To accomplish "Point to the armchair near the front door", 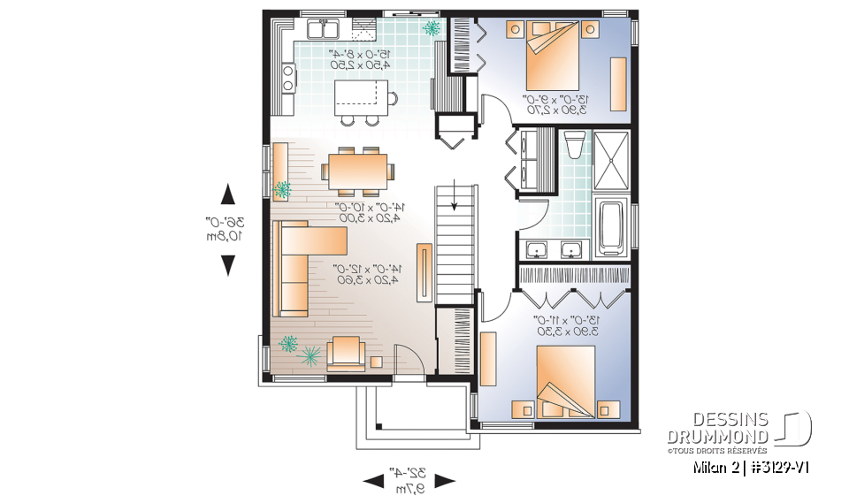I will [x=344, y=354].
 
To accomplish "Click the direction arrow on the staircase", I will [x=455, y=198].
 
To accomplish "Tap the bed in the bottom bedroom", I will [x=565, y=379].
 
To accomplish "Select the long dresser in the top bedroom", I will [x=618, y=83].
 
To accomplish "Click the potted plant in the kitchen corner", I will [x=432, y=30].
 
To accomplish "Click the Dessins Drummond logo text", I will [x=718, y=427].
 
